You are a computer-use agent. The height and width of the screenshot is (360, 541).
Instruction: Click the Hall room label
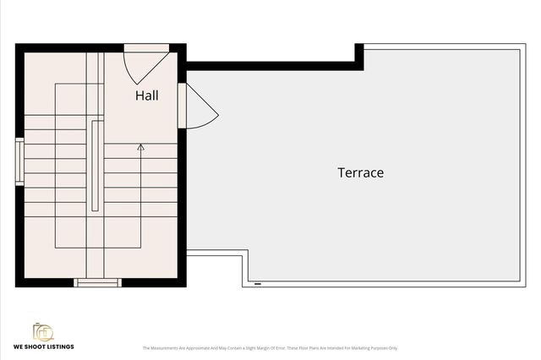[x=146, y=95]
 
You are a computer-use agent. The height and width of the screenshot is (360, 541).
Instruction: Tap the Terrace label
[x=361, y=172]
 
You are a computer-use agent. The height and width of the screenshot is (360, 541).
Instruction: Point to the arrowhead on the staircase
[x=140, y=147]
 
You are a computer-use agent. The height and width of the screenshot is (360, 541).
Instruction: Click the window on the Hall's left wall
[x=19, y=161]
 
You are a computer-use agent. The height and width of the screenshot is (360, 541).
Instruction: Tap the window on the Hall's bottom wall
[x=98, y=282]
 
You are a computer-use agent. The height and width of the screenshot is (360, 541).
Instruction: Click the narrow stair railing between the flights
[x=96, y=166]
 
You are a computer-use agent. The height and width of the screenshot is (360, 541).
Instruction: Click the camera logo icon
[x=43, y=331]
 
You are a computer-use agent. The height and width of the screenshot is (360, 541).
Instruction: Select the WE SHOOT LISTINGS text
[x=43, y=346]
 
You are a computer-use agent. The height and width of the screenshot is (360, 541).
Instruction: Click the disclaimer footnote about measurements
[x=270, y=347]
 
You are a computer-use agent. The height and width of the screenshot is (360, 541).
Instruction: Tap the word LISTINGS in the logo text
[x=60, y=346]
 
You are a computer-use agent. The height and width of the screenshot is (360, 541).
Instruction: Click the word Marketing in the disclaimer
[x=356, y=347]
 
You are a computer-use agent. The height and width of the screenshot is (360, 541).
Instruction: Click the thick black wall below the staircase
[x=51, y=283]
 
